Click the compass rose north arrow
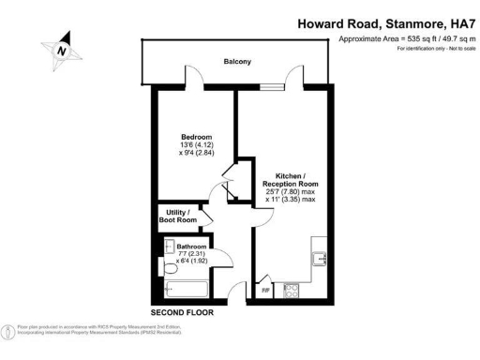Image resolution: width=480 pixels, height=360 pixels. [62, 50]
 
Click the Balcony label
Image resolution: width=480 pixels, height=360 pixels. [236, 62]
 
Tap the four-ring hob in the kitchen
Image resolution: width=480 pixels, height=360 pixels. [291, 291]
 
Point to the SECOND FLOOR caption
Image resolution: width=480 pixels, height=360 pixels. [184, 311]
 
